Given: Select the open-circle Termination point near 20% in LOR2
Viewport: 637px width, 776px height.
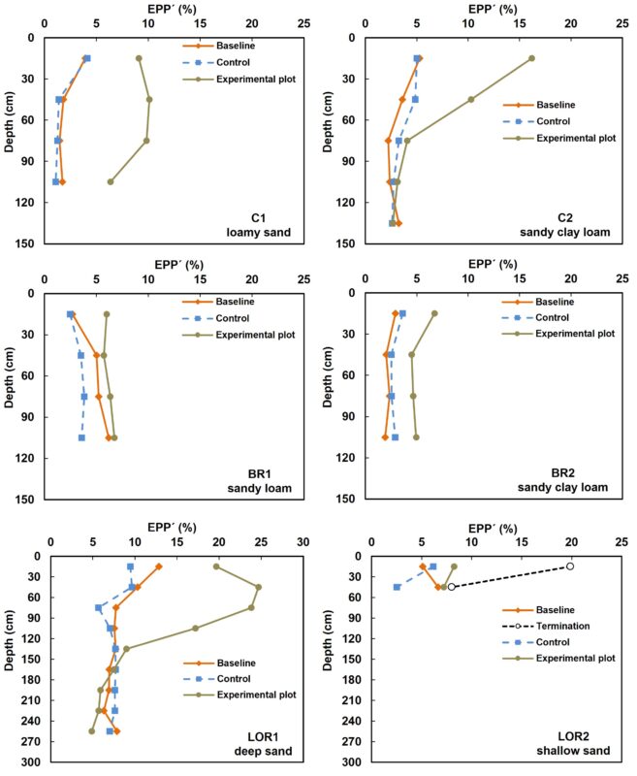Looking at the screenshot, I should [x=570, y=566].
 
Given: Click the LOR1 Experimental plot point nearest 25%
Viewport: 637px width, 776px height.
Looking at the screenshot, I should [x=259, y=587].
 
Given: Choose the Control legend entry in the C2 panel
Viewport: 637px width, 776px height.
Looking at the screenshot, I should [x=552, y=121].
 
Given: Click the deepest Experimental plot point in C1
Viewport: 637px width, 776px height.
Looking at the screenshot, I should [x=111, y=181].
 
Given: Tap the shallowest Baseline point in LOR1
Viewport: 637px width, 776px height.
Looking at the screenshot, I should [x=159, y=566].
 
